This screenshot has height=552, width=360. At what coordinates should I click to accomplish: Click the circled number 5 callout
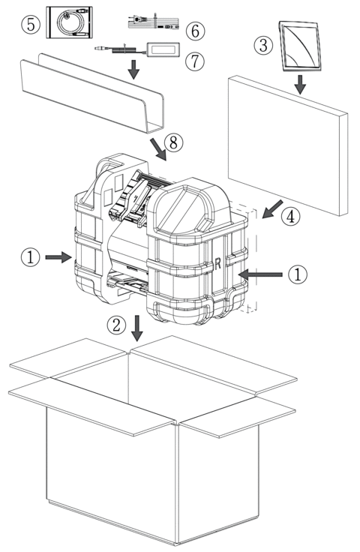(x=31, y=25)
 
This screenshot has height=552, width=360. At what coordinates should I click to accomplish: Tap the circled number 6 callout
(x=195, y=31)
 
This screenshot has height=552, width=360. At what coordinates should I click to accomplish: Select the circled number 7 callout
(x=195, y=61)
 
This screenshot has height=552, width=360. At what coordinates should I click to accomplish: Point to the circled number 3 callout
(x=263, y=45)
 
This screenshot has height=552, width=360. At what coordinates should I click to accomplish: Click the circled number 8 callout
(x=174, y=142)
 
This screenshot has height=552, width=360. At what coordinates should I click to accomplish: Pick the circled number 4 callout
(x=291, y=216)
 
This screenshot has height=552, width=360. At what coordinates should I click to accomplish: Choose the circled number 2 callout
(x=116, y=325)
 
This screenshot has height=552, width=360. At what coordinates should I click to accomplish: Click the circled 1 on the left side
(x=31, y=257)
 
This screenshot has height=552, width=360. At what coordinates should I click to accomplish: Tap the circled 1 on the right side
(x=298, y=274)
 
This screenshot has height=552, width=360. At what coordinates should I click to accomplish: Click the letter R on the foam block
(x=217, y=263)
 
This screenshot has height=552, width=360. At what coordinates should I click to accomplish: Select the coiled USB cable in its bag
(x=70, y=22)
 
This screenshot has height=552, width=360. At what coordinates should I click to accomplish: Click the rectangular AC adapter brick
(x=163, y=49)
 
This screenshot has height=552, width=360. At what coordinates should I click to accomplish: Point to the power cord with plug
(x=154, y=21)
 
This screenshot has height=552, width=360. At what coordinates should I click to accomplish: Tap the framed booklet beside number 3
(x=300, y=46)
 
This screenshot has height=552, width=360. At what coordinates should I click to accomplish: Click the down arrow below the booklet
(x=300, y=85)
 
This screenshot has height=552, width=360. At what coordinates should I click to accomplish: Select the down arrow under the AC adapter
(x=133, y=69)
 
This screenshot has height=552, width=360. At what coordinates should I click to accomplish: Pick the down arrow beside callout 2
(x=137, y=328)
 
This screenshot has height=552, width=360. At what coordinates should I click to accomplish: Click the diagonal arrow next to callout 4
(x=272, y=209)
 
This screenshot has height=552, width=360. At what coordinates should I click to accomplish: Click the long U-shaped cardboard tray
(x=92, y=93)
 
